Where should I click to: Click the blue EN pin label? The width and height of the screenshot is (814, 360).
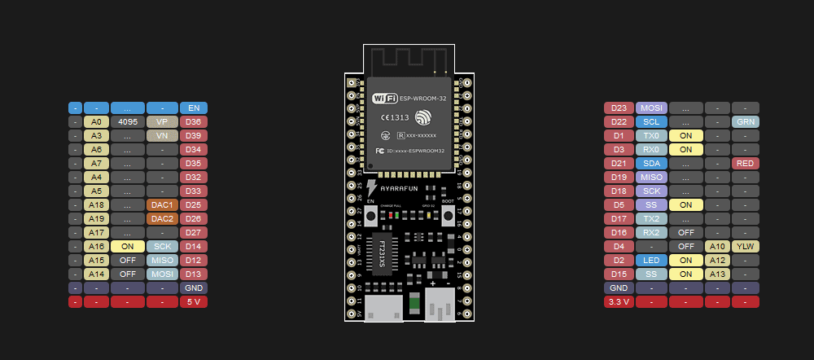pos(194,108)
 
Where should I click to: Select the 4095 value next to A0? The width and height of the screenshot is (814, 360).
pos(127,121)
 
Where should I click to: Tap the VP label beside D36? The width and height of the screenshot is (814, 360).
pos(161,121)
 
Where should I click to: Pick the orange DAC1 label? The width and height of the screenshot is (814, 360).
pos(161,204)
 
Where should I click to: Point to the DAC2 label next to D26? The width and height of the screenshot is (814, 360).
pos(161,218)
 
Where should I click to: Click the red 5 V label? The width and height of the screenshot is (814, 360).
pos(194,301)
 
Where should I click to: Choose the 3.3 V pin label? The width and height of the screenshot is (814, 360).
pos(618,301)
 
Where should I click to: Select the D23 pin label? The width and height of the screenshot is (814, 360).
pos(618,108)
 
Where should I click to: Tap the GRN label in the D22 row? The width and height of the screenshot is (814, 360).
pos(745,121)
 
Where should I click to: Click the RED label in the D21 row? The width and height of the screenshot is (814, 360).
pos(745,163)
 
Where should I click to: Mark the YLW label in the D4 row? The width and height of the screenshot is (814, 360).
pos(745,246)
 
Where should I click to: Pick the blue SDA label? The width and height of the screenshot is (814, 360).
pos(651,163)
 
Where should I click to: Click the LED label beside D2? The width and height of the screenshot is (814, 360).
pos(651,260)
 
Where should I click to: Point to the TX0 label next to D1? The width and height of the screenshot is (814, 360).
pos(651,135)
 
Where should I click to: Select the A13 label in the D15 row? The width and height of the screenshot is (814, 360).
pos(717,274)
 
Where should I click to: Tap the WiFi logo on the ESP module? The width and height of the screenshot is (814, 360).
pos(385,99)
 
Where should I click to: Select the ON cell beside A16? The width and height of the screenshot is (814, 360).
pos(127,246)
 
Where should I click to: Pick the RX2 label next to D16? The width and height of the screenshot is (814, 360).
pos(651,232)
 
